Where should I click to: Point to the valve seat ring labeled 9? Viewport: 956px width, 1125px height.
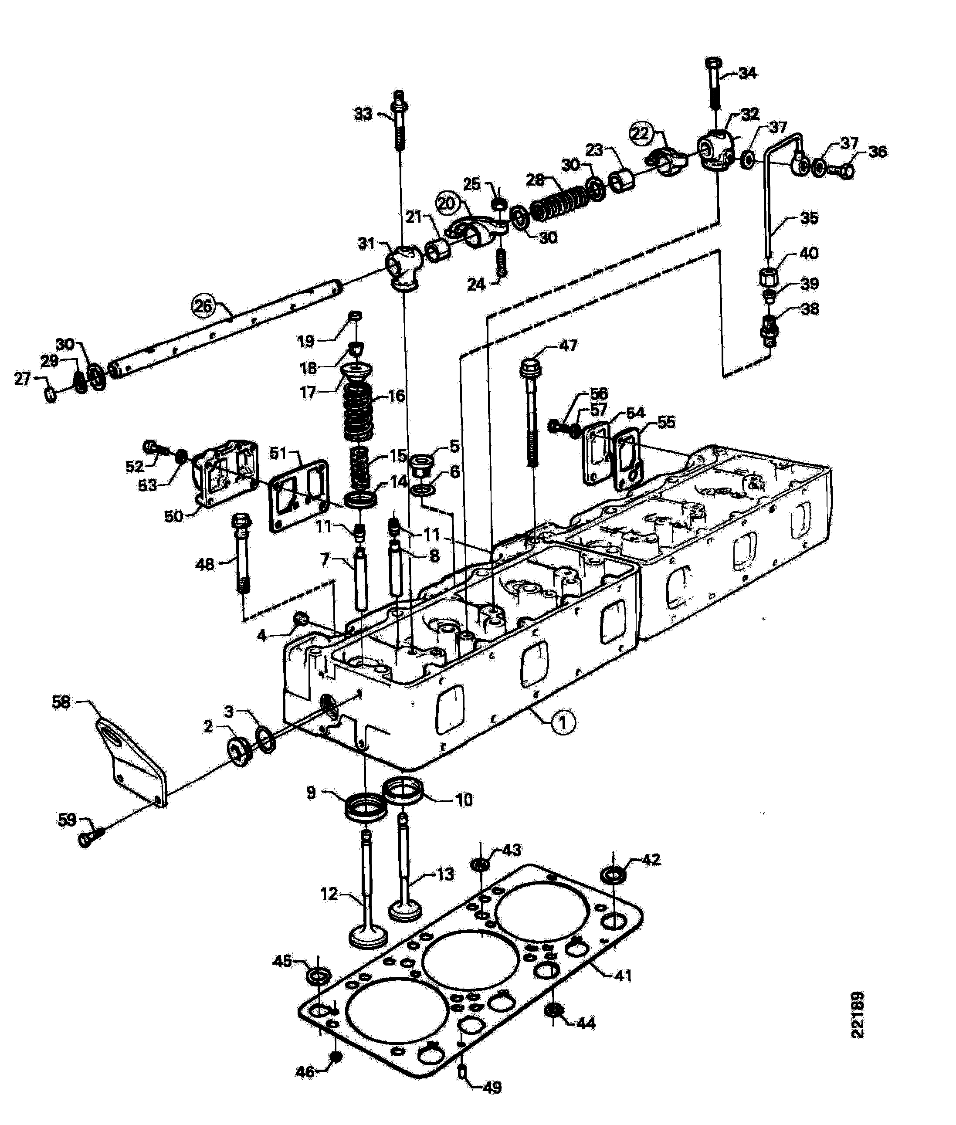pos(366,806)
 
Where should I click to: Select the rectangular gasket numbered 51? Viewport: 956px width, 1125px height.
pos(299,495)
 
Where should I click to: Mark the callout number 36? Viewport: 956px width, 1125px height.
pos(878,151)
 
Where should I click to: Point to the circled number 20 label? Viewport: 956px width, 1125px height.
pos(447,204)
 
